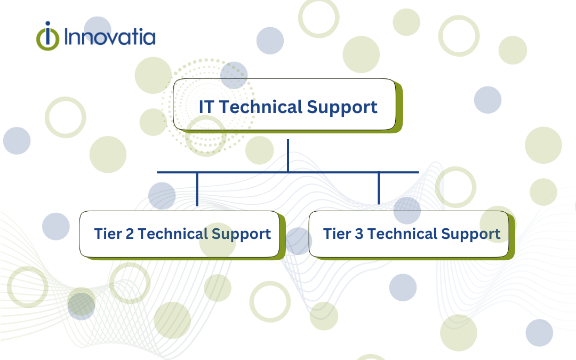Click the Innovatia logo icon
[49, 36]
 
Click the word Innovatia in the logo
[109, 37]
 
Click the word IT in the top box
[206, 107]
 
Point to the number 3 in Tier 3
[358, 234]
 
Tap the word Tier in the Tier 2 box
[107, 234]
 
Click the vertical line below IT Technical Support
[288, 155]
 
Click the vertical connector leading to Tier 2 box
[197, 189]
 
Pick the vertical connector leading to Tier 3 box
[379, 189]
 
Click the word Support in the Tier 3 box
[470, 235]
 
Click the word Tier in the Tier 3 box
[337, 234]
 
